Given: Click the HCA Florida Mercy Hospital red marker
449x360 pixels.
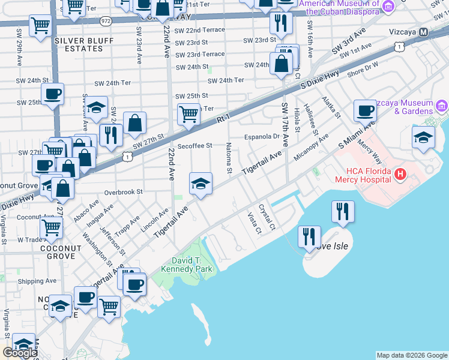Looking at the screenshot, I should [x=400, y=175].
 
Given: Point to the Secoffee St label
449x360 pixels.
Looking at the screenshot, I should [x=195, y=145].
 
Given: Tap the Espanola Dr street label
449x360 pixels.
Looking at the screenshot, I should [x=264, y=137].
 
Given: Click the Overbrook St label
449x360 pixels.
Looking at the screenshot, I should [x=122, y=193].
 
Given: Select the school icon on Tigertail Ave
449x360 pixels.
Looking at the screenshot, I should [x=200, y=183].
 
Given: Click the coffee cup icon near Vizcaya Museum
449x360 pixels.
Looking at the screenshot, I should [x=365, y=110].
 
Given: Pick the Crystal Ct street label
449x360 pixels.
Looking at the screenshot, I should [x=267, y=217].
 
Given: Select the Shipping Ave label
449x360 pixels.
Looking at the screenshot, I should [x=37, y=281].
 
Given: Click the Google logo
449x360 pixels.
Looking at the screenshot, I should [x=20, y=353].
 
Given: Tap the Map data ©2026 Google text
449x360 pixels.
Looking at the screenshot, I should [x=411, y=355].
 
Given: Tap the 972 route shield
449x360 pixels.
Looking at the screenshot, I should [x=106, y=20].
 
